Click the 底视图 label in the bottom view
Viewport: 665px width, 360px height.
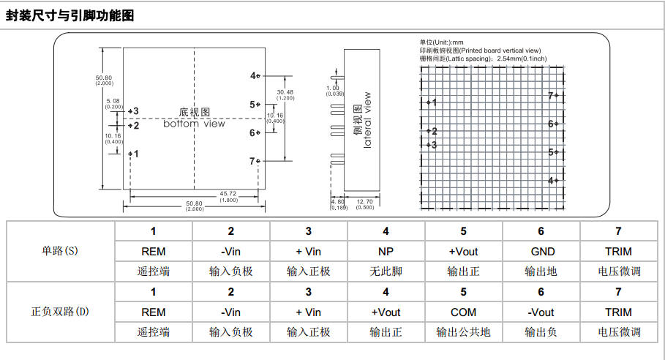click(x=194, y=112)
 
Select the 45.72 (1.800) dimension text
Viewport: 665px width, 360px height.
click(x=228, y=196)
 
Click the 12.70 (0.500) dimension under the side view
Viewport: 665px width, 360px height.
click(x=364, y=203)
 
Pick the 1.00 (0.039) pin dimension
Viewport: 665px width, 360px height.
click(x=334, y=90)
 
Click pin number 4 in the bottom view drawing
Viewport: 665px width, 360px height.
click(x=252, y=75)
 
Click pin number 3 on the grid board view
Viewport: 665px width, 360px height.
click(x=434, y=145)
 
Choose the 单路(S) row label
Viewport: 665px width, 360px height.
click(x=60, y=251)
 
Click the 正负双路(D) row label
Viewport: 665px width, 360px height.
click(x=60, y=312)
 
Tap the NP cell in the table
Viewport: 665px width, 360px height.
click(x=386, y=251)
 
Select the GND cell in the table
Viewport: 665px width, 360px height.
click(x=541, y=251)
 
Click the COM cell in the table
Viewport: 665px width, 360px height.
click(x=463, y=312)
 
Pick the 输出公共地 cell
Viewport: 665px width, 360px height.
click(x=463, y=331)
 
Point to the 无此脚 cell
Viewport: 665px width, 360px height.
click(x=386, y=271)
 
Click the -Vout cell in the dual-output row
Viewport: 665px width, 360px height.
click(x=541, y=312)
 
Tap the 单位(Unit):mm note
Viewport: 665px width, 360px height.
click(x=441, y=42)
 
